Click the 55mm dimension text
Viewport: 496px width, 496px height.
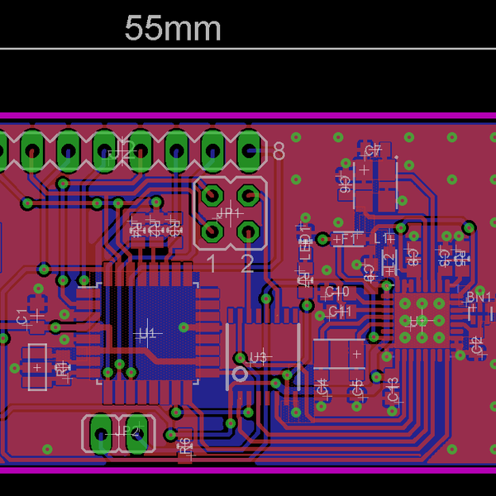[173, 29]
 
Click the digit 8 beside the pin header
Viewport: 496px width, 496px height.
[278, 152]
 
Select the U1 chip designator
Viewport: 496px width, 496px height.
[147, 333]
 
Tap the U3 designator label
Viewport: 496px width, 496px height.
[259, 357]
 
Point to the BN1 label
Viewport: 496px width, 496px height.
[479, 298]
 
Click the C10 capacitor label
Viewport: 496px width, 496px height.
[337, 292]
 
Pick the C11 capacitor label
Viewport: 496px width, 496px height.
[340, 312]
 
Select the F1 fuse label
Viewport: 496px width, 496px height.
[346, 238]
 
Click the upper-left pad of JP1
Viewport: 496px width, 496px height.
[212, 197]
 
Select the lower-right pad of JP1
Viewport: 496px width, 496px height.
[247, 233]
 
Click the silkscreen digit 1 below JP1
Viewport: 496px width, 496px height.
[211, 265]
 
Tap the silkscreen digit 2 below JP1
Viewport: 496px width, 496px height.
[247, 265]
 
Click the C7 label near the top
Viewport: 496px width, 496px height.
[373, 150]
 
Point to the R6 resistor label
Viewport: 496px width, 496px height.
[184, 445]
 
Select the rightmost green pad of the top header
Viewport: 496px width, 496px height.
[249, 150]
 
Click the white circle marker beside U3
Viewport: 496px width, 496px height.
[241, 374]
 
